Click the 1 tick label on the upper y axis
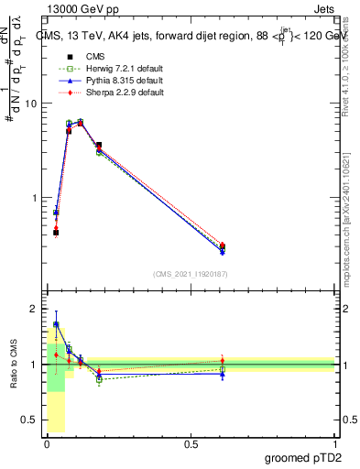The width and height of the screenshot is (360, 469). pos(33,198)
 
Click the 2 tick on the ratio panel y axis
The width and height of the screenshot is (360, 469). pos(33,309)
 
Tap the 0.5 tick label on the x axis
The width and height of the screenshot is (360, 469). pos(191,444)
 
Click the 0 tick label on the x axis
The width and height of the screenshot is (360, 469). pos(47,444)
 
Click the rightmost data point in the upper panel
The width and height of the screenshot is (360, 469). pos(223,245)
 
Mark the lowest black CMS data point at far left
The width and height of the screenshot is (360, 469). pos(56,233)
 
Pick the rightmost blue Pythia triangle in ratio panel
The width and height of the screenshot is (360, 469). pos(223,374)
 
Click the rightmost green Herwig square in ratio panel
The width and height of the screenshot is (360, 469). pos(223,369)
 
